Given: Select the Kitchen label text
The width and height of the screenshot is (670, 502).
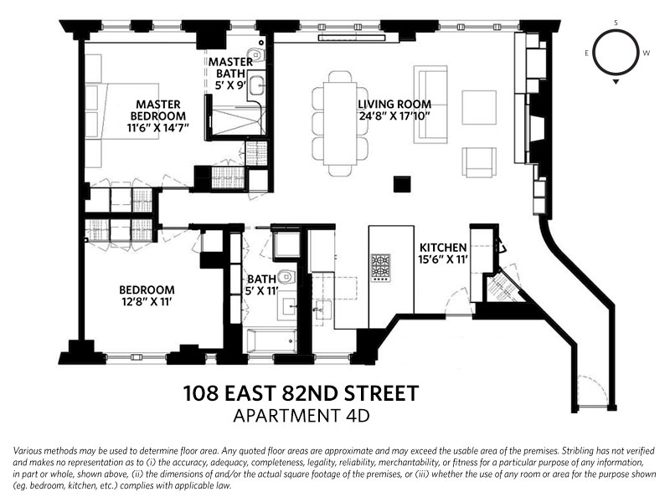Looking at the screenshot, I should click(443, 248).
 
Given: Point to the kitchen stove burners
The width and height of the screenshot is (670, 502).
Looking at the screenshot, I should click(380, 267).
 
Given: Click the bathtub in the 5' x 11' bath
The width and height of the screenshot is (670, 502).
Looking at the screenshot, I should click(271, 341).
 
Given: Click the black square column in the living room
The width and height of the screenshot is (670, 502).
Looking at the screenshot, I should click(403, 184).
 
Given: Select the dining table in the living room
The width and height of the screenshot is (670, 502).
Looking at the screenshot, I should click(340, 123).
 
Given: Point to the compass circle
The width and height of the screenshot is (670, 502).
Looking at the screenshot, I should click(616, 53).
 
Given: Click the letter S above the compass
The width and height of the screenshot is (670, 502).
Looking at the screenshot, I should click(616, 23).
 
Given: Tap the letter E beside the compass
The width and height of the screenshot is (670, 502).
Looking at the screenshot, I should click(587, 53).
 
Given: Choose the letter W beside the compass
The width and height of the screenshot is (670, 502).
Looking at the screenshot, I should click(646, 53).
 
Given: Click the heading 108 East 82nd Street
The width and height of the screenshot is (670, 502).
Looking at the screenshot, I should click(301, 392).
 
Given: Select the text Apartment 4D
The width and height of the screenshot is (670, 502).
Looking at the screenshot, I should click(301, 414).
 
